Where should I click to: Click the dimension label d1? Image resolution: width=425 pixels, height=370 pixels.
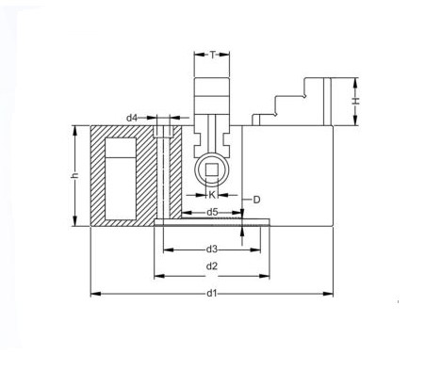pyautogui.click(x=212, y=294)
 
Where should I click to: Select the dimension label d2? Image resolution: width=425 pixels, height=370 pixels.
pyautogui.click(x=212, y=266)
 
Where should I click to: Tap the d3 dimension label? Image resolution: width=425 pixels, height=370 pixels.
pyautogui.click(x=212, y=249)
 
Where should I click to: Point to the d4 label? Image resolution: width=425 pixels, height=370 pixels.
pyautogui.click(x=132, y=118)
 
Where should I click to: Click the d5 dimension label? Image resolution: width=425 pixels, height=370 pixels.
pyautogui.click(x=212, y=213)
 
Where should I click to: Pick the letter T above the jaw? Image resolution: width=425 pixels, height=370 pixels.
pyautogui.click(x=213, y=55)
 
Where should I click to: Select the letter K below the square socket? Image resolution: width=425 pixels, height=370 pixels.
pyautogui.click(x=212, y=195)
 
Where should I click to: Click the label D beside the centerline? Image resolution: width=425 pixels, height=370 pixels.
pyautogui.click(x=256, y=200)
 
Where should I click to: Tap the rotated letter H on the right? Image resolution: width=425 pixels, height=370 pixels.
pyautogui.click(x=355, y=101)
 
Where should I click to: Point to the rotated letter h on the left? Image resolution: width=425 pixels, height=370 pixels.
pyautogui.click(x=74, y=175)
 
